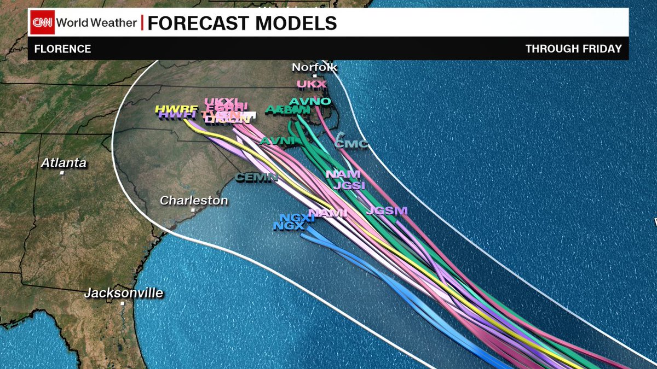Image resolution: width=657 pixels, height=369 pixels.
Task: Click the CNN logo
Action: click(x=43, y=23)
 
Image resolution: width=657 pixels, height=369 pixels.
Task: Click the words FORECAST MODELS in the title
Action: click(x=242, y=23)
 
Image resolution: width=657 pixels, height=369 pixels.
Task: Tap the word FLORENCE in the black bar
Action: click(x=62, y=49)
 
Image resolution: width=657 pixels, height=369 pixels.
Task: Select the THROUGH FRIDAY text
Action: click(x=573, y=49)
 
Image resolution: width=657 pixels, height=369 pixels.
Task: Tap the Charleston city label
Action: click(x=194, y=201)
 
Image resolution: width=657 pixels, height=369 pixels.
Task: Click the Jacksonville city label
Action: click(x=124, y=293)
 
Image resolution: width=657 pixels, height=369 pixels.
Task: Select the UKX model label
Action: click(x=312, y=84)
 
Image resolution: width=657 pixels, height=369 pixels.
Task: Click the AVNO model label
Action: click(x=309, y=102)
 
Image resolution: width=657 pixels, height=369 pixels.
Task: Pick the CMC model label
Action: click(x=351, y=144)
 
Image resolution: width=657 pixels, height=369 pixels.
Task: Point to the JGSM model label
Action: click(x=387, y=210)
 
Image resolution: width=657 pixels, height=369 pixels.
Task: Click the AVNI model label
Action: click(x=278, y=141)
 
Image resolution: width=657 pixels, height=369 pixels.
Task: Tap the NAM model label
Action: click(x=343, y=174)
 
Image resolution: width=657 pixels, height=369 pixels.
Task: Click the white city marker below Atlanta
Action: click(x=62, y=173)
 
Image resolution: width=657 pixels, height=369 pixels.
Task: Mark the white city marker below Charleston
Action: click(x=193, y=210)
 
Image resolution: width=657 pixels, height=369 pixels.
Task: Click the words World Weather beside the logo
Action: click(x=96, y=23)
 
